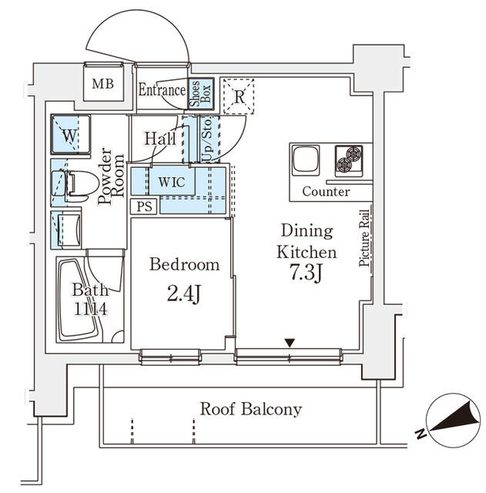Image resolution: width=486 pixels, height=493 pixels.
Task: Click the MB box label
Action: click(102, 84)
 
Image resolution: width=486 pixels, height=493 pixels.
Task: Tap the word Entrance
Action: click(161, 90)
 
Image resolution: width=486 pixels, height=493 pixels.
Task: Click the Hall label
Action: click(159, 139)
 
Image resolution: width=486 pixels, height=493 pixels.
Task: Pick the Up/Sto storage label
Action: click(206, 139)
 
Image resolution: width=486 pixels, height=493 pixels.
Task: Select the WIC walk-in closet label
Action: click(172, 183)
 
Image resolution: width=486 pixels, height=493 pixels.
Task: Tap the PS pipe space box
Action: click(143, 206)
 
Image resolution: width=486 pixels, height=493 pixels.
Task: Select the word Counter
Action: click(326, 191)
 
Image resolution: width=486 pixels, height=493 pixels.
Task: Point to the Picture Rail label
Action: click(364, 238)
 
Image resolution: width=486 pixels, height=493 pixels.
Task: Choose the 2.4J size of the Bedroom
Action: click(184, 293)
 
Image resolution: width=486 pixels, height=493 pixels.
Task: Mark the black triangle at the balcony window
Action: click(290, 343)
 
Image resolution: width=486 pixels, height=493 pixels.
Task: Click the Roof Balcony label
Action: click(250, 409)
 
